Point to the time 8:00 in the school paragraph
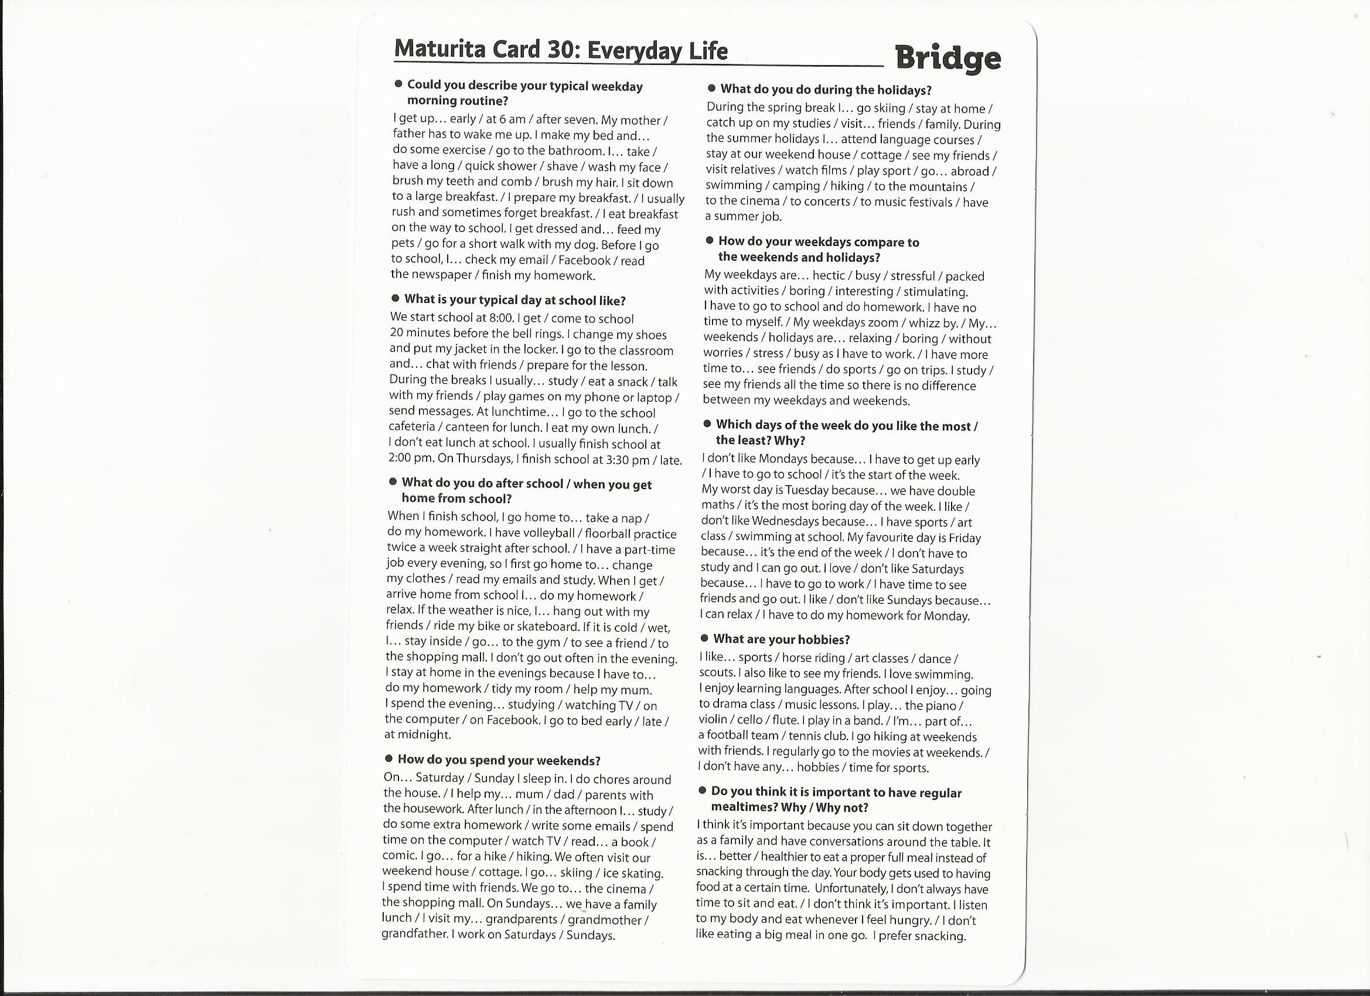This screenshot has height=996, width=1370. pos(502,318)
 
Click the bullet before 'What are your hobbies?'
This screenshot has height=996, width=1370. pos(704,639)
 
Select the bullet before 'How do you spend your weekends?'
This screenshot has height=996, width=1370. pos(389,759)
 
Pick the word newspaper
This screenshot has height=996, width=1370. pos(442,275)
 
